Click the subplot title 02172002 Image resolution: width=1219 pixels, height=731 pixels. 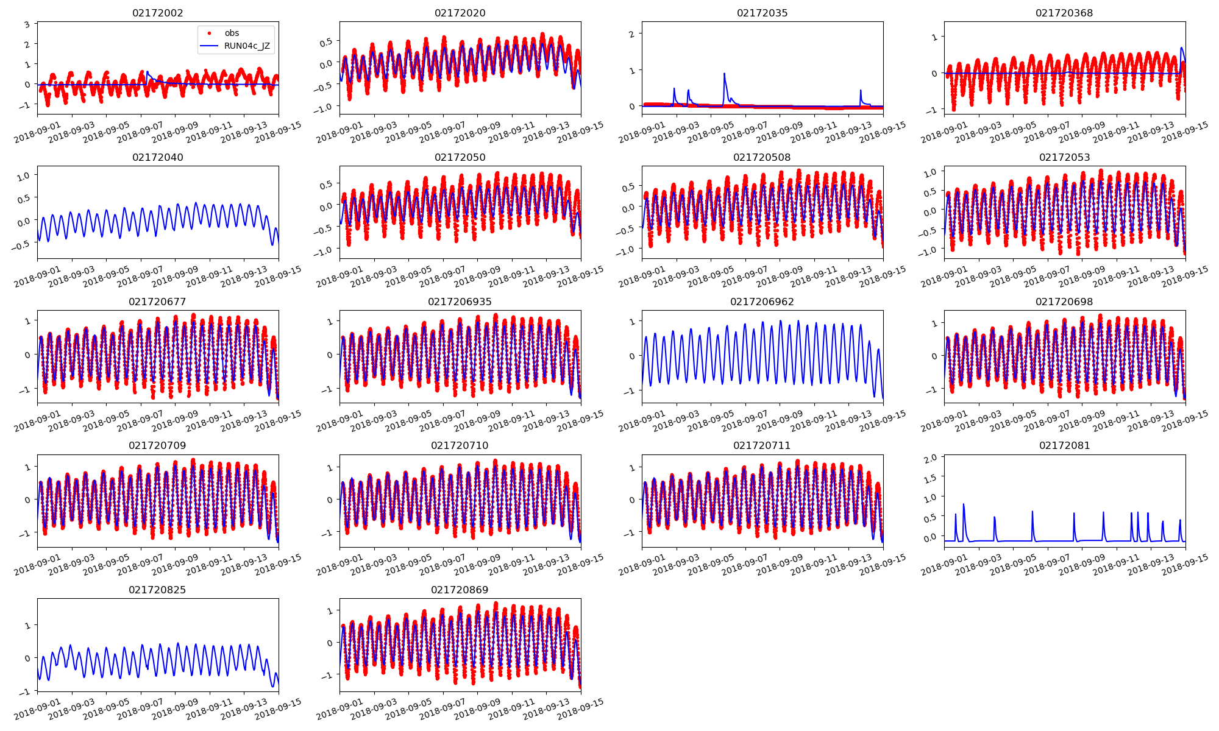[157, 13]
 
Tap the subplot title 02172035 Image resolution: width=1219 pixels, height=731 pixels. [762, 13]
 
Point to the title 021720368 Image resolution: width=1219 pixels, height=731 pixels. [1064, 13]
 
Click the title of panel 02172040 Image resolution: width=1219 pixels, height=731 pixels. [157, 157]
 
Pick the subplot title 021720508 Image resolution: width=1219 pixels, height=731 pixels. [762, 157]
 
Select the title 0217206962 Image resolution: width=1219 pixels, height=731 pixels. [762, 302]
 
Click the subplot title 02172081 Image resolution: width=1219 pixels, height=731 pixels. [1064, 445]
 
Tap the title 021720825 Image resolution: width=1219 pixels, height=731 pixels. [157, 590]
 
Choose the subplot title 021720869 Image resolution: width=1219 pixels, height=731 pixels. [460, 590]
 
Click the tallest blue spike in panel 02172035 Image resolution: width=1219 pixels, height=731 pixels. [724, 74]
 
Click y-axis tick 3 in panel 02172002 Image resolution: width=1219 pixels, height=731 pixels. [27, 24]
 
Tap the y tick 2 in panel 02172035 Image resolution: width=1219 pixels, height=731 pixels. [631, 34]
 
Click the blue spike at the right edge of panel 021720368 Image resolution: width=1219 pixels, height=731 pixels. [1182, 48]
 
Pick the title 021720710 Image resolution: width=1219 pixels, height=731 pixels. [460, 445]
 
